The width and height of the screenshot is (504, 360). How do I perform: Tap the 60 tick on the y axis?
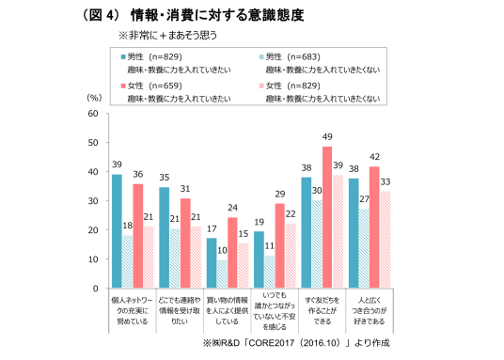pyautogui.click(x=91, y=114)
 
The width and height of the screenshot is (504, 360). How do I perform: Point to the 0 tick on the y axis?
pyautogui.click(x=93, y=289)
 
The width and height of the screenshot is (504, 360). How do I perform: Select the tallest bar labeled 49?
pyautogui.click(x=327, y=217)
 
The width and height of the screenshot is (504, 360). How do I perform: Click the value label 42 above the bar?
pyautogui.click(x=374, y=157)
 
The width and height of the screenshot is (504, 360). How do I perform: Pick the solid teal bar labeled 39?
pyautogui.click(x=117, y=231)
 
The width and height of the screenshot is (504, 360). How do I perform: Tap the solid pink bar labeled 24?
pyautogui.click(x=233, y=253)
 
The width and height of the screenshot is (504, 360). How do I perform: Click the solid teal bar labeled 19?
pyautogui.click(x=259, y=260)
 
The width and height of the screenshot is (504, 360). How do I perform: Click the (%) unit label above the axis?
pyautogui.click(x=93, y=96)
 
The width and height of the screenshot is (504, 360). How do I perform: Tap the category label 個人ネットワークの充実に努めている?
pyautogui.click(x=128, y=309)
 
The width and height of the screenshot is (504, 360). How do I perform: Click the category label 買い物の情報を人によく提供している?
pyautogui.click(x=222, y=309)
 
